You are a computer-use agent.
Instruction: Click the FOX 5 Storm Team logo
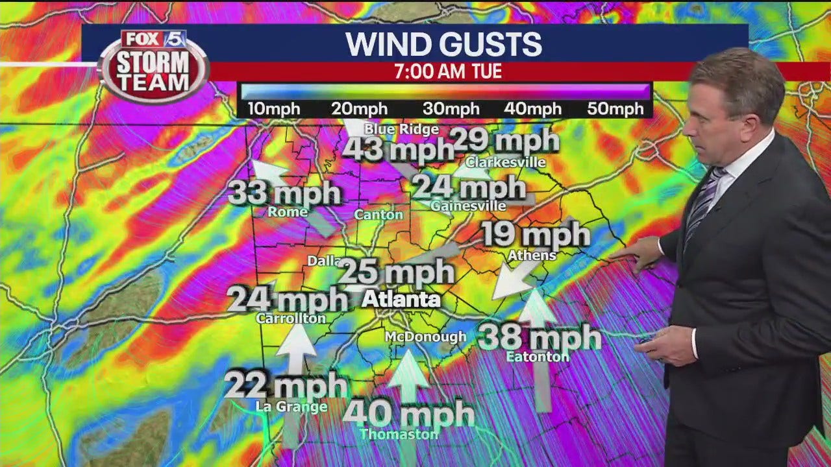(x=154, y=65)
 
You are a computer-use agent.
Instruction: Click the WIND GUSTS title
(x=443, y=44)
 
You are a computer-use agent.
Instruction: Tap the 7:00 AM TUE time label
(x=448, y=71)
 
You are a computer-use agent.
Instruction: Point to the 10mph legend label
(x=275, y=109)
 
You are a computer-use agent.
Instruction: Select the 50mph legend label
(x=615, y=109)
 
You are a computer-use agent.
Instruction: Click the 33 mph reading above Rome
(x=284, y=193)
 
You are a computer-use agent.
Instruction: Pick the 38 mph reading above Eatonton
(x=540, y=337)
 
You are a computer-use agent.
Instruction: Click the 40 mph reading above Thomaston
(x=408, y=413)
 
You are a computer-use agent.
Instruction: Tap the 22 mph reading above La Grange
(x=286, y=386)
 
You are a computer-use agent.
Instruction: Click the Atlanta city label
(x=401, y=300)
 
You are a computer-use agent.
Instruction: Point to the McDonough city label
(x=425, y=337)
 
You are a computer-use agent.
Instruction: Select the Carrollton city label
(x=290, y=318)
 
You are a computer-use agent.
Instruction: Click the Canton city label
(x=378, y=215)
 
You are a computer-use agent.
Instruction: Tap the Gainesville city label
(x=468, y=206)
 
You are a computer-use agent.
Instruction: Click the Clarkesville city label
(x=505, y=162)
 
